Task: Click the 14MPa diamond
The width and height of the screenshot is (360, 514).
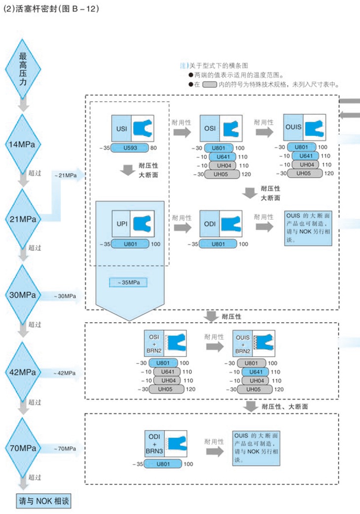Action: click(x=23, y=144)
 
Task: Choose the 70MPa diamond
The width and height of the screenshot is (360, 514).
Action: click(x=23, y=448)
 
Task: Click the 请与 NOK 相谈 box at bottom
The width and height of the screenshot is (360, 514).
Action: click(x=44, y=502)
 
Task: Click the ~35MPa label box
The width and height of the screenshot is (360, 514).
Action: click(x=129, y=282)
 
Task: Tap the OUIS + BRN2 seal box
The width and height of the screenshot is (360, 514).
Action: click(x=253, y=343)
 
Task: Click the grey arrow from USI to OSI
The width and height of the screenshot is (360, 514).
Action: click(x=182, y=133)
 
